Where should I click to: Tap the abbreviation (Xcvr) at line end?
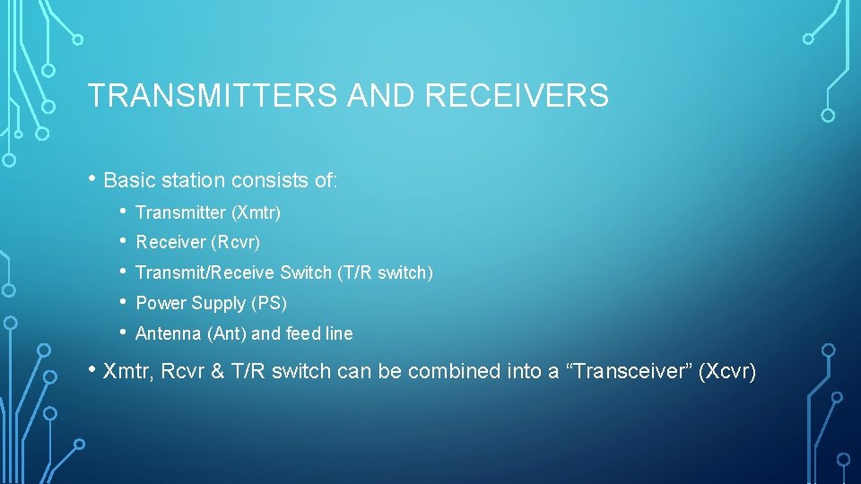coord(727,371)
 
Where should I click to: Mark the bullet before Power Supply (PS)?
coord(124,303)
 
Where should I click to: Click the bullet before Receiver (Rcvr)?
coord(124,243)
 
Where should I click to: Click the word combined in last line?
coord(445,371)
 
